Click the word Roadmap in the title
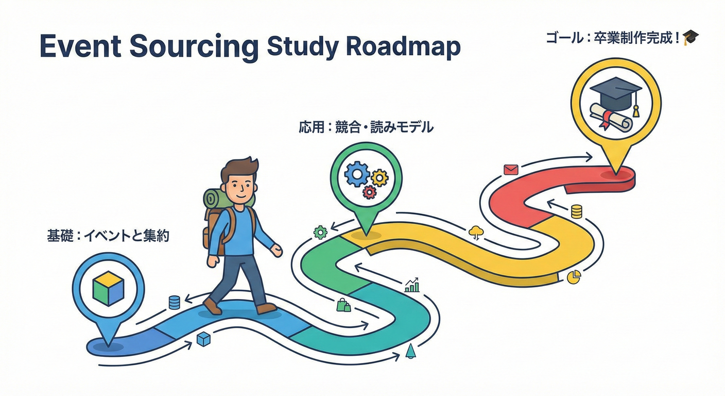click(x=403, y=47)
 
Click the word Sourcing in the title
click(x=194, y=47)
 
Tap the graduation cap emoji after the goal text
click(x=691, y=38)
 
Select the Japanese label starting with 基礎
click(x=108, y=236)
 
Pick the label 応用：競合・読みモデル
click(x=366, y=127)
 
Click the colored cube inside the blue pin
click(x=109, y=288)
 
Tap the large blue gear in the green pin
click(x=357, y=174)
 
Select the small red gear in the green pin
click(x=370, y=192)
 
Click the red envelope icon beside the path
click(x=511, y=170)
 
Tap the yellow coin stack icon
click(x=576, y=211)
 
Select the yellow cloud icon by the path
click(x=476, y=233)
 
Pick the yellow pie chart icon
click(x=574, y=277)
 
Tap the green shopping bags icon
click(x=343, y=305)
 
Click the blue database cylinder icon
click(x=175, y=302)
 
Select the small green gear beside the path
click(x=320, y=233)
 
